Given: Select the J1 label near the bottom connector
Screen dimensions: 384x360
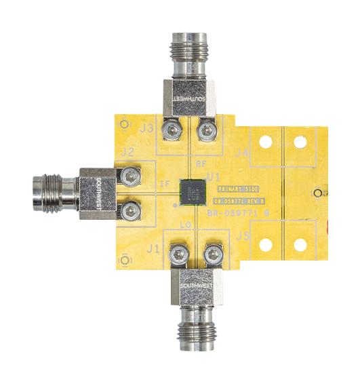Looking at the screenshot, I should (x=153, y=250).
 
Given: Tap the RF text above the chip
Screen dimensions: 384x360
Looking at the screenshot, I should (x=201, y=165).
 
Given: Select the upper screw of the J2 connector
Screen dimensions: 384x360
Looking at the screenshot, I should (x=127, y=175).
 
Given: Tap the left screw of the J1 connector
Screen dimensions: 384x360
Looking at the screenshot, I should (x=178, y=255).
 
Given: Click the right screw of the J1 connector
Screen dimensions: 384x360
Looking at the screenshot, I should (x=211, y=255).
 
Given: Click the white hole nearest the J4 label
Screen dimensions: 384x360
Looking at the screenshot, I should (x=266, y=142).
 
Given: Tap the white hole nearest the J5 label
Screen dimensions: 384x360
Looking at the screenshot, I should (x=266, y=244).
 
